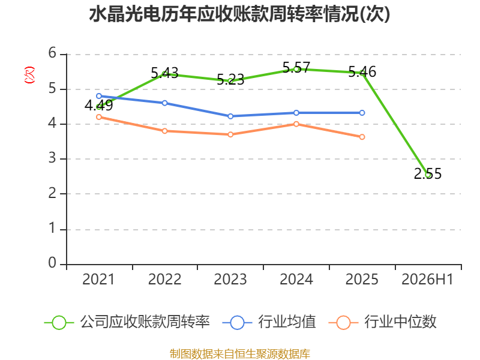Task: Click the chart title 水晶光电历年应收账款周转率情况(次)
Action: pyautogui.click(x=239, y=14)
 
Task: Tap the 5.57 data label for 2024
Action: pyautogui.click(x=296, y=67)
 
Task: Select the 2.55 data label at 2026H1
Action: pyautogui.click(x=428, y=174)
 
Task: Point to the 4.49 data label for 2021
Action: pyautogui.click(x=98, y=106)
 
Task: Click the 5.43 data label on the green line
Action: pyautogui.click(x=164, y=73)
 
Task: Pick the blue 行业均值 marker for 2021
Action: pyautogui.click(x=99, y=96)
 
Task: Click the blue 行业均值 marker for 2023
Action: pyautogui.click(x=230, y=116)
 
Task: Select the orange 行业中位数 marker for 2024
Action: pyautogui.click(x=296, y=124)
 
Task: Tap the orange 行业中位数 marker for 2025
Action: pyautogui.click(x=362, y=137)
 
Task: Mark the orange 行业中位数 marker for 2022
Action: pyautogui.click(x=164, y=131)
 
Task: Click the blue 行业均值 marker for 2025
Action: pyautogui.click(x=362, y=113)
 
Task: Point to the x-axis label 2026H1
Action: pyautogui.click(x=427, y=280)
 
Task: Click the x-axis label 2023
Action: pyautogui.click(x=230, y=280)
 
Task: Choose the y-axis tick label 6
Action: pyautogui.click(x=52, y=53)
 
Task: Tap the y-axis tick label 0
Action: pyautogui.click(x=52, y=263)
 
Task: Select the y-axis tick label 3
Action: pyautogui.click(x=52, y=158)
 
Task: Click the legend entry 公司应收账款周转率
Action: pyautogui.click(x=127, y=322)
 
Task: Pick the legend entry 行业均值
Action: pyautogui.click(x=269, y=322)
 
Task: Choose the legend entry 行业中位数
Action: pyautogui.click(x=382, y=322)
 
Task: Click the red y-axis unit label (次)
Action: pyautogui.click(x=29, y=75)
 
